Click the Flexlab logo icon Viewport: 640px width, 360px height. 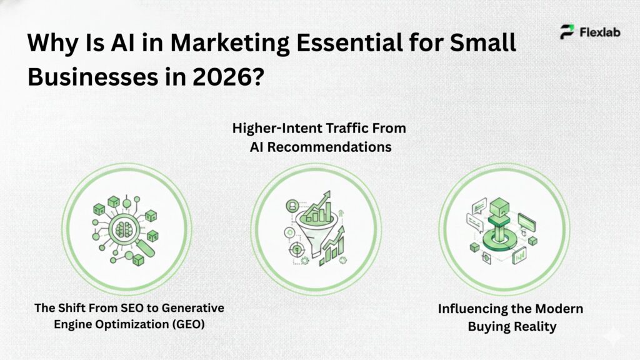click(x=567, y=32)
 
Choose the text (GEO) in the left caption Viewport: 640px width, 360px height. click(x=189, y=325)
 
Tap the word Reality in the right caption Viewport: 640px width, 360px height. click(x=534, y=327)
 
